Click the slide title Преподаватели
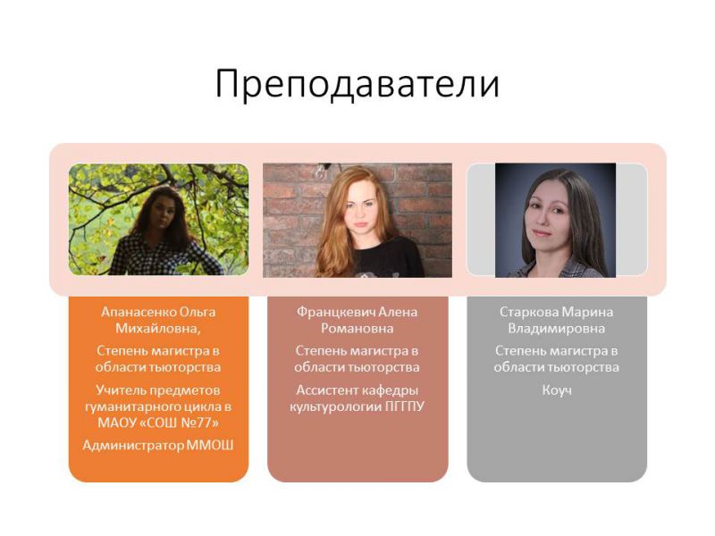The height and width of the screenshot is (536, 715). pos(357,84)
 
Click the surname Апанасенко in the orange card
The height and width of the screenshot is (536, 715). pos(139,312)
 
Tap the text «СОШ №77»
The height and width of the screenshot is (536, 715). pos(179,423)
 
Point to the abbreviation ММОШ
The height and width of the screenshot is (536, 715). pos(210,445)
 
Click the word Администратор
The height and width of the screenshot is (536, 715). pos(133,446)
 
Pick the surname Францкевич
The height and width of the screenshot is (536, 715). pos(336,312)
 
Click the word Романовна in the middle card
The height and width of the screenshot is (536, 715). pos(357,329)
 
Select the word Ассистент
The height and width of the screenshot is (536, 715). pos(325,390)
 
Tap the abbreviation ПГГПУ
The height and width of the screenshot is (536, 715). pos(405,406)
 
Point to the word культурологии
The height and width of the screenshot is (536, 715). pos(336,407)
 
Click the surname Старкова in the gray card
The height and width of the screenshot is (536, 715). pos(529,312)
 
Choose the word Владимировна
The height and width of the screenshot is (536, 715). pos(556,329)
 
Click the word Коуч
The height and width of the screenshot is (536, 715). pos(557,390)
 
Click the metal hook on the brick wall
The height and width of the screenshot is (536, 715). pos(322,171)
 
